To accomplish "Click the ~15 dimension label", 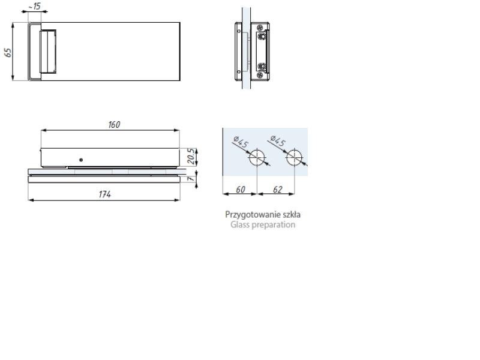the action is click(35, 6).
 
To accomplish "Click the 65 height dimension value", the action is click(8, 52).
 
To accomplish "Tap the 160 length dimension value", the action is click(114, 125).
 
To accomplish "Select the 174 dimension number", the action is click(104, 194).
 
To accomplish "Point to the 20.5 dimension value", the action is click(190, 157).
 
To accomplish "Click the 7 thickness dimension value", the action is click(191, 178).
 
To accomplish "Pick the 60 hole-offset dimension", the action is click(241, 190).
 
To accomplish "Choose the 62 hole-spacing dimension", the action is click(277, 190).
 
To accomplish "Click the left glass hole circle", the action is click(257, 150).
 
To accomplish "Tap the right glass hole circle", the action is click(295, 150).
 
